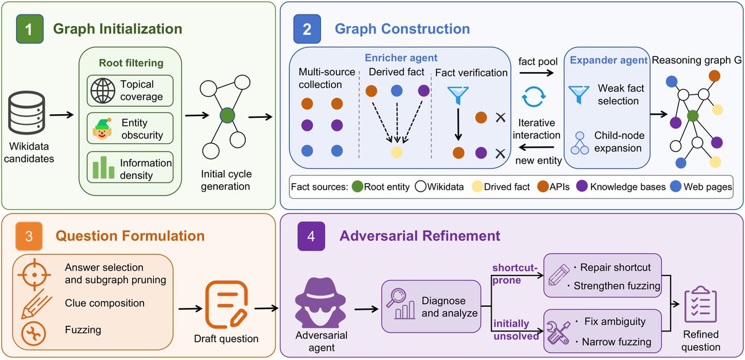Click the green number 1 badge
click(30, 29)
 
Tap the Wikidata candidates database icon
click(27, 113)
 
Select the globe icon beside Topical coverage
click(103, 91)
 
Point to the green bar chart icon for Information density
click(104, 167)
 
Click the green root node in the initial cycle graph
click(227, 115)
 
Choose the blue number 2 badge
click(307, 29)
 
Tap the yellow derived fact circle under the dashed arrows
click(397, 152)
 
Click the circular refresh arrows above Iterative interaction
click(533, 97)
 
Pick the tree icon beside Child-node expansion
click(579, 143)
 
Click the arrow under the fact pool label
click(536, 73)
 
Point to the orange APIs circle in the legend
click(543, 186)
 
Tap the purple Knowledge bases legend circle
click(582, 186)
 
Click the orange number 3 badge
click(29, 236)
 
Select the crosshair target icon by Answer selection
click(34, 275)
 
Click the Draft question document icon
click(227, 304)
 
